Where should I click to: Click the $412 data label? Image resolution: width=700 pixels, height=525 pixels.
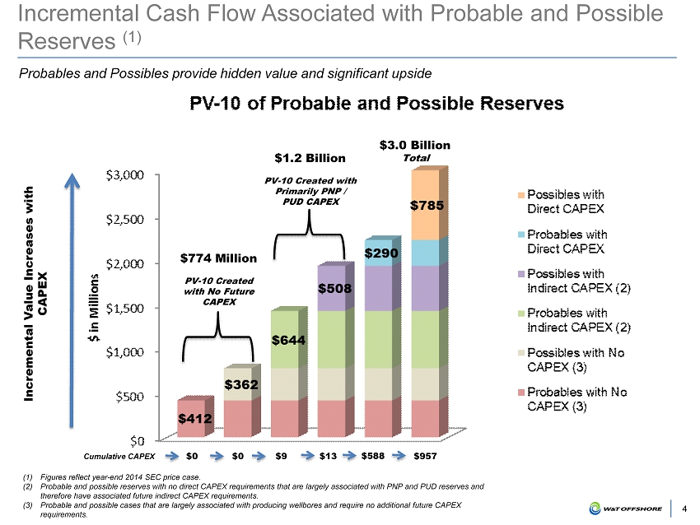[195, 419]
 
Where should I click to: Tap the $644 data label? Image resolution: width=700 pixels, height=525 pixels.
[289, 340]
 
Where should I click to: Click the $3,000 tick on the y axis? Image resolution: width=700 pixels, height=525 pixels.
[126, 175]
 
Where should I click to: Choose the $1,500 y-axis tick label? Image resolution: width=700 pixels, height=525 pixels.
[126, 307]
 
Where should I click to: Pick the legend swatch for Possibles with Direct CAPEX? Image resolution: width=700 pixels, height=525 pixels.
[521, 195]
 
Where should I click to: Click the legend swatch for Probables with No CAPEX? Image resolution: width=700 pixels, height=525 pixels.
[521, 393]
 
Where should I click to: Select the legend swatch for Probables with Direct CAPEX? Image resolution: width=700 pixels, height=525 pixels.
[521, 235]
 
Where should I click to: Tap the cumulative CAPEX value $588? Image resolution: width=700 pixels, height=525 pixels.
[376, 455]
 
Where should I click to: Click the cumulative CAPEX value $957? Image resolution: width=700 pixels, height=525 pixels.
[425, 455]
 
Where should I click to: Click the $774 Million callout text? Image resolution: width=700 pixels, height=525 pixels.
[219, 258]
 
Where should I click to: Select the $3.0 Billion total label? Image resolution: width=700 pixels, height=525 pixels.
[414, 146]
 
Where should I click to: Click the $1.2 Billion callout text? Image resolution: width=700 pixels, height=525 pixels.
[310, 157]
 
